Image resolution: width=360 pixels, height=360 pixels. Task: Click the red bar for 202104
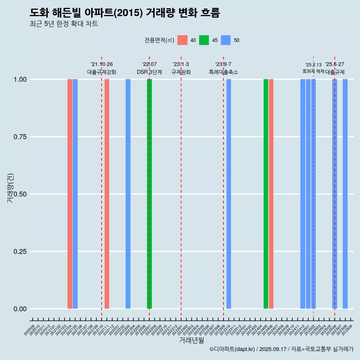[70, 194]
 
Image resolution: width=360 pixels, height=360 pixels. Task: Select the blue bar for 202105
[75, 194]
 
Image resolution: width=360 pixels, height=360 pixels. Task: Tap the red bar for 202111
[107, 194]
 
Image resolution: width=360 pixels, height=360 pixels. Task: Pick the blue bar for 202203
[128, 194]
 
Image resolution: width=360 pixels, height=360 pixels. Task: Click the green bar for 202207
[149, 194]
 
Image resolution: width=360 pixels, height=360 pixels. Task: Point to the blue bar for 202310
[229, 194]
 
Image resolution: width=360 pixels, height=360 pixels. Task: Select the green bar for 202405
[266, 194]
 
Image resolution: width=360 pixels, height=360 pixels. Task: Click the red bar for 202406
[271, 194]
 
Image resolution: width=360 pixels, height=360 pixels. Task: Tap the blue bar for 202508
[345, 194]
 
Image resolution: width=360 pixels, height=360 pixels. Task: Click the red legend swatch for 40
[182, 40]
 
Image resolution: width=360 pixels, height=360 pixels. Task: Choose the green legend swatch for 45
[204, 40]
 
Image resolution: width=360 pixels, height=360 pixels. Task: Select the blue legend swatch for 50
[226, 40]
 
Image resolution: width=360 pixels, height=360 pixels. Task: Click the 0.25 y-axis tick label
[18, 251]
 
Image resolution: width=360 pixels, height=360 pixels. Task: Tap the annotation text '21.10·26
[102, 64]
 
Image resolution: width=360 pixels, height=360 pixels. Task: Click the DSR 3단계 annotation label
[149, 72]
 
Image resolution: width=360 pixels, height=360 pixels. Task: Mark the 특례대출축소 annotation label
[223, 72]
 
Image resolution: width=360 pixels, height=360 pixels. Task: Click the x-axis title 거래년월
[192, 340]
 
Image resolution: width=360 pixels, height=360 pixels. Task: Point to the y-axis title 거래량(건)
[10, 187]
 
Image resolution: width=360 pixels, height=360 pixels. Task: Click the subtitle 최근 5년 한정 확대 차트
[64, 24]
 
